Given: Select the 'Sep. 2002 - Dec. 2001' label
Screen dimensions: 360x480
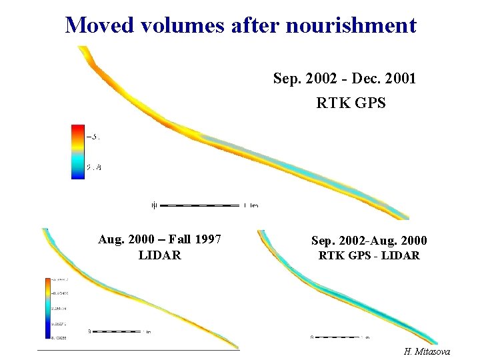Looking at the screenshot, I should coord(345,79).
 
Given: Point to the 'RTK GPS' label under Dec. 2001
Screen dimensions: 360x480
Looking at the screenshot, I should coord(351,103).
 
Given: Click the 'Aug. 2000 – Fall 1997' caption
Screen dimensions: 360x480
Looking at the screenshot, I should coord(159,239).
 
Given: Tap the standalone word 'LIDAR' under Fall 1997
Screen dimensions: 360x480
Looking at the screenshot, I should coord(159,255).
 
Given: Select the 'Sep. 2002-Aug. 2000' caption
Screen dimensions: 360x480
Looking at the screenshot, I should coord(369,241).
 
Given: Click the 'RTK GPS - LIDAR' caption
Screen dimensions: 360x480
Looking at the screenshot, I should coord(369,255).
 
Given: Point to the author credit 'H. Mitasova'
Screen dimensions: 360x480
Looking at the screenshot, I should coord(427,351).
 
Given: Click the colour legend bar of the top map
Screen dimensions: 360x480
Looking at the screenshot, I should coord(78,151).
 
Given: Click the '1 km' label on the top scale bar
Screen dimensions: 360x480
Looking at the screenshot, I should coord(251,205).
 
